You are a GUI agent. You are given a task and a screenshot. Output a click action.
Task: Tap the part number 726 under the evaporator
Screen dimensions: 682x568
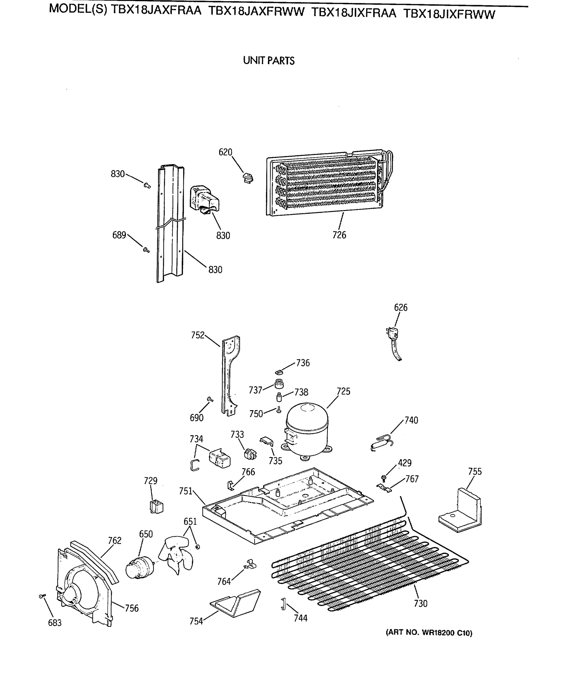(x=339, y=235)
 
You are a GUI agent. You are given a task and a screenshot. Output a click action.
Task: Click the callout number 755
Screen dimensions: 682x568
(x=475, y=471)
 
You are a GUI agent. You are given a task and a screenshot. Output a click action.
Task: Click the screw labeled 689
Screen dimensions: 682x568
(x=146, y=250)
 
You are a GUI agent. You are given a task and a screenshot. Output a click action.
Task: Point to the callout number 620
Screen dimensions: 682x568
(x=225, y=152)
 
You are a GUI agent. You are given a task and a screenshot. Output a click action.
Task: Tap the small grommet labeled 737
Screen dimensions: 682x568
(x=279, y=384)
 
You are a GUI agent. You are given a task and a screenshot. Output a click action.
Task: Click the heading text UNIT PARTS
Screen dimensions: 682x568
(x=269, y=61)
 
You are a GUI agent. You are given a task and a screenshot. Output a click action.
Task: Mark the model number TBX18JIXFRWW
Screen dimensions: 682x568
(x=449, y=14)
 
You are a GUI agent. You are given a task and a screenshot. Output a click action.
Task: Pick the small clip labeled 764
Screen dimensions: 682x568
(x=250, y=564)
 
